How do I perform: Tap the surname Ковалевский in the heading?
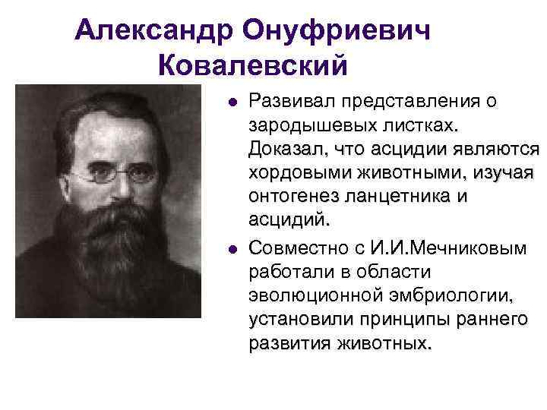[x=252, y=65]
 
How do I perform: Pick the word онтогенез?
[x=292, y=197]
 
